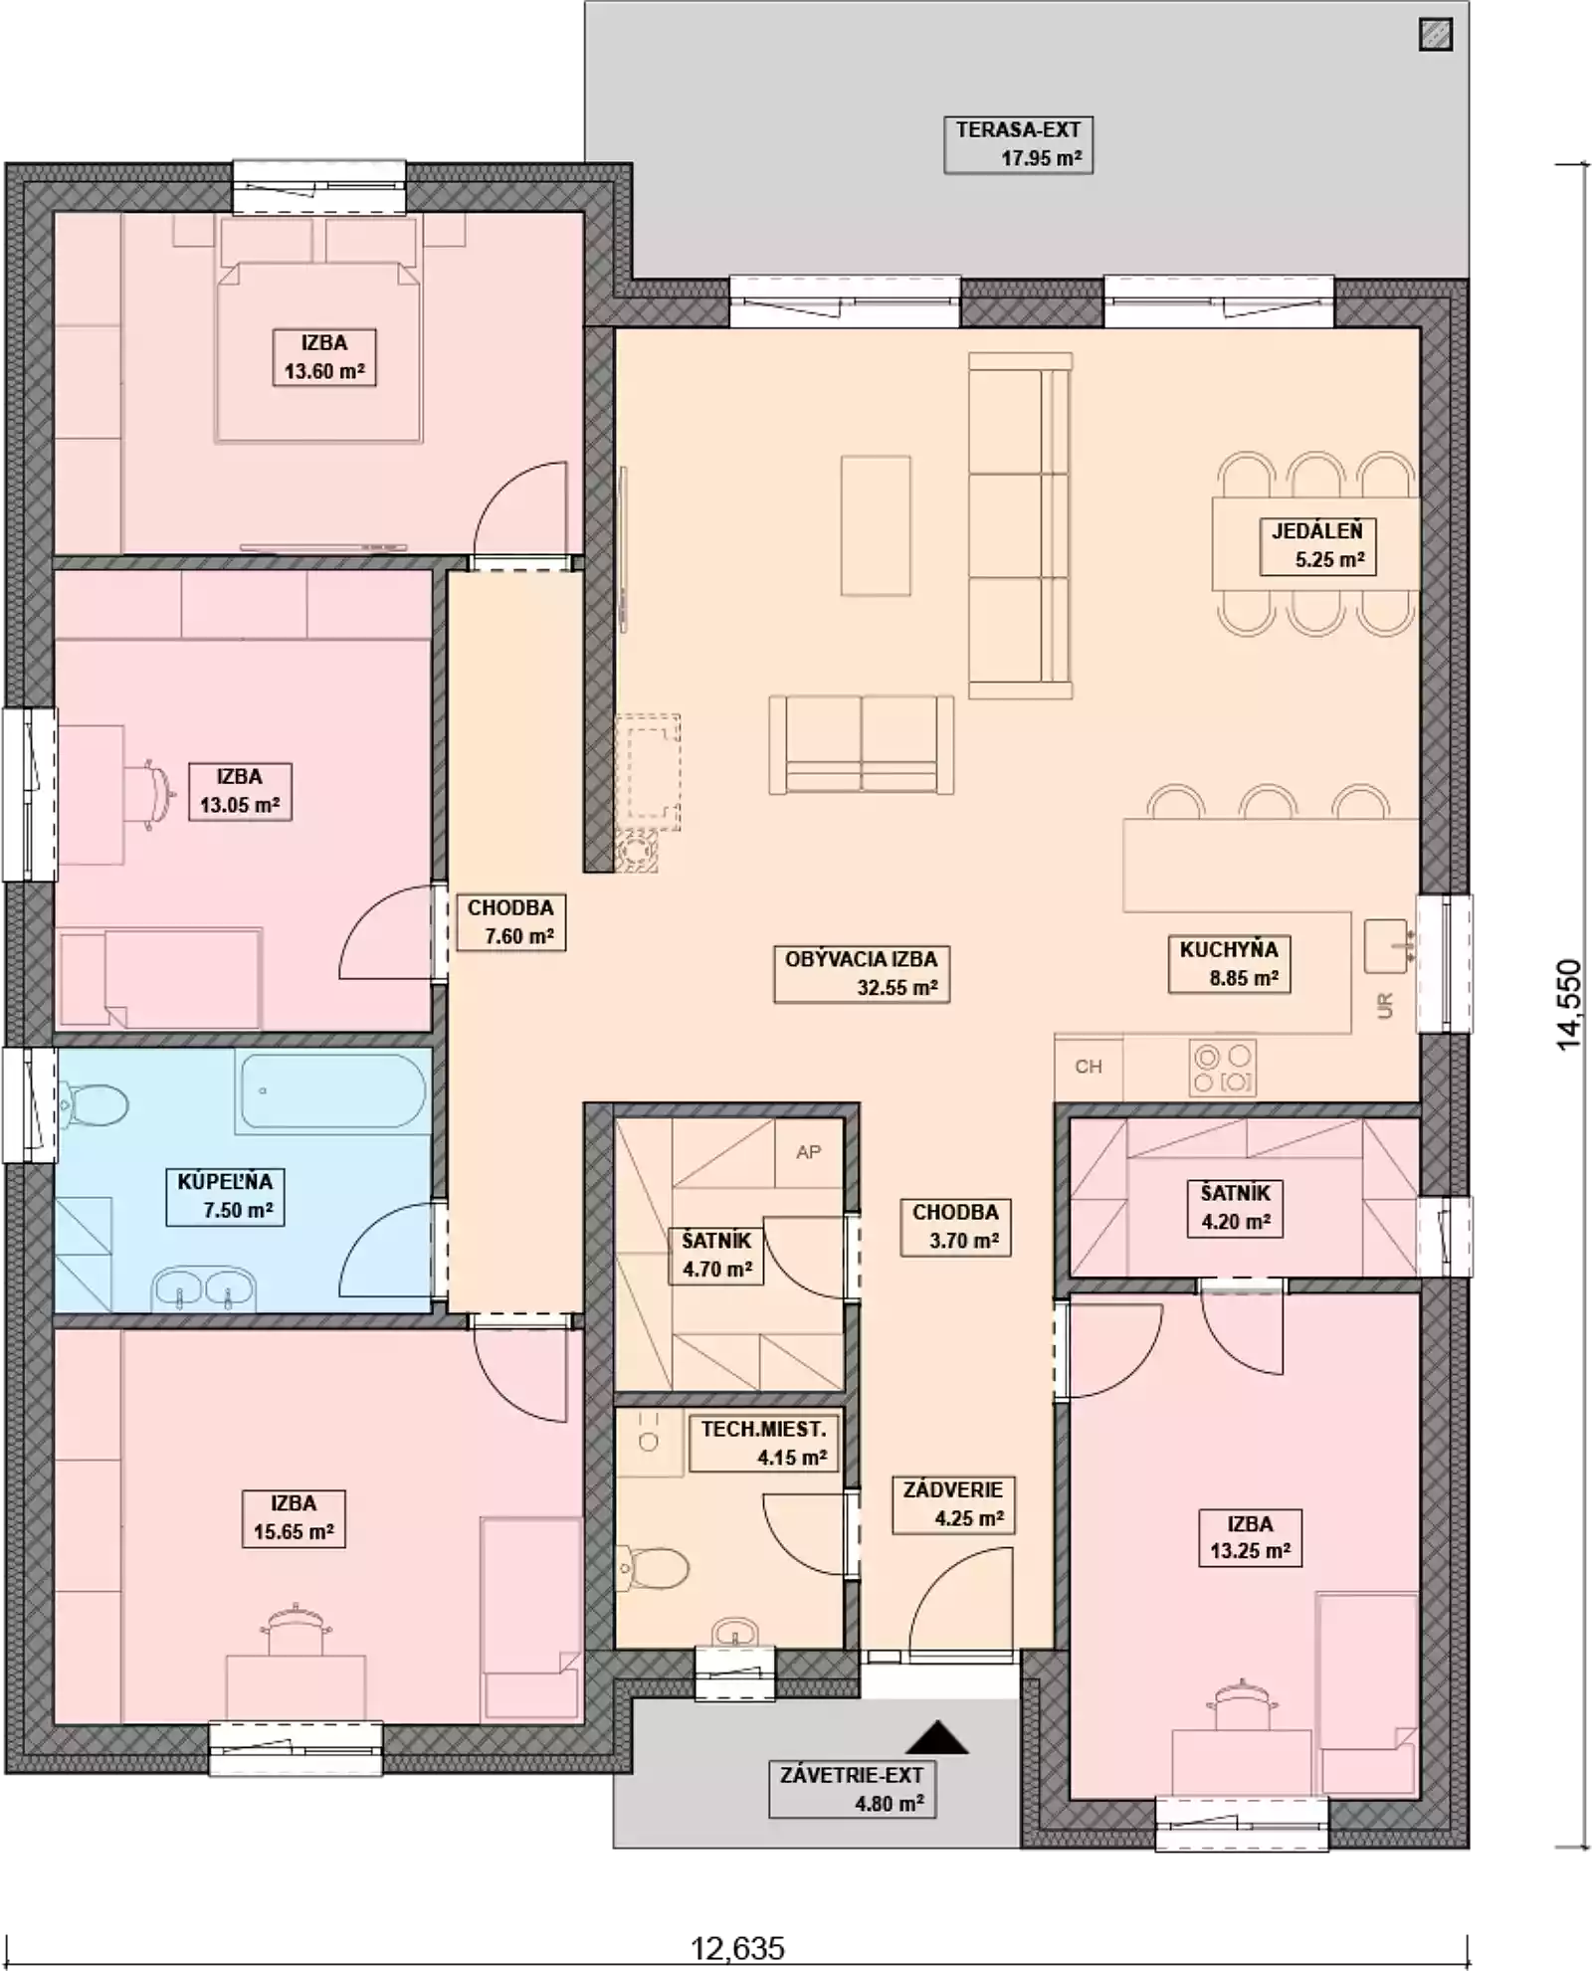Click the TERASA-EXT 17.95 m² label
click(x=1018, y=144)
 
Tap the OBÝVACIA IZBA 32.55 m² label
click(x=862, y=973)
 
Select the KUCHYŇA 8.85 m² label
click(x=1229, y=963)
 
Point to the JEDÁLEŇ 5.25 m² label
click(x=1317, y=545)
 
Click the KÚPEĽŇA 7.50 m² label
click(x=225, y=1196)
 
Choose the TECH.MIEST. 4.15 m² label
click(x=763, y=1443)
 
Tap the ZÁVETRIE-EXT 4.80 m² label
click(x=852, y=1789)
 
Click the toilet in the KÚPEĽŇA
click(x=94, y=1105)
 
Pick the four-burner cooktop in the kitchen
click(x=1223, y=1068)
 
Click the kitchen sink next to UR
click(x=1387, y=946)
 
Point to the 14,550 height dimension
click(x=1569, y=1004)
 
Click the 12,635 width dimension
click(x=737, y=1947)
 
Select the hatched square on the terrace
click(x=1436, y=35)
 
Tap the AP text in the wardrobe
click(x=809, y=1152)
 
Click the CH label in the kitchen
click(x=1089, y=1067)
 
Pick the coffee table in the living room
click(x=876, y=525)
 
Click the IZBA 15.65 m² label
click(x=294, y=1517)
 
